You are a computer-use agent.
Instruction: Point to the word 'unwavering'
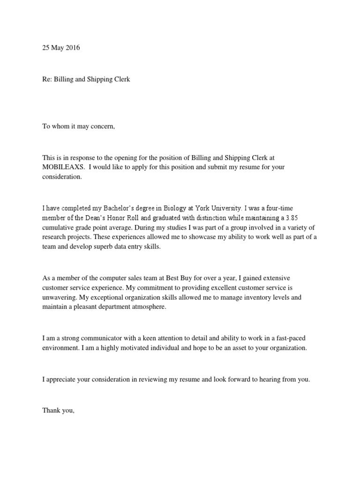click(x=59, y=298)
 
